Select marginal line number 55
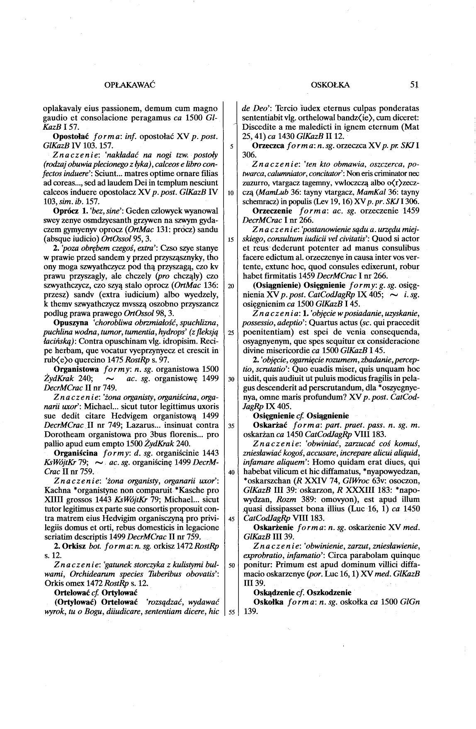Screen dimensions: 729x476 pyautogui.click(x=230, y=612)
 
